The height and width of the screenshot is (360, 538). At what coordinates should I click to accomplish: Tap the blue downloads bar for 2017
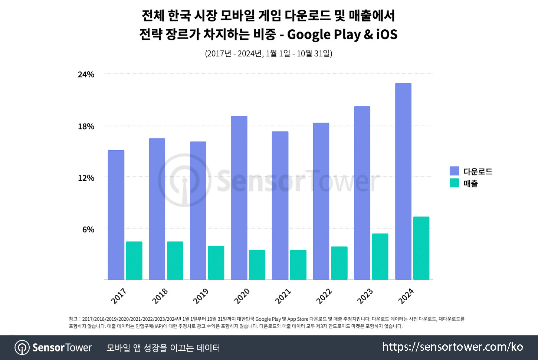pyautogui.click(x=116, y=215)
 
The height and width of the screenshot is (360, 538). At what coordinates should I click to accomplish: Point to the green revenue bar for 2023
pyautogui.click(x=380, y=256)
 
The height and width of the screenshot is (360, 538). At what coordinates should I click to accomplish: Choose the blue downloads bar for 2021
pyautogui.click(x=280, y=206)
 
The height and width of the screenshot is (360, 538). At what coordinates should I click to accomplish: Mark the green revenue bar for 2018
pyautogui.click(x=175, y=261)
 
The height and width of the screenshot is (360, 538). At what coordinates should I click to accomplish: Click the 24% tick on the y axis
pyautogui.click(x=86, y=75)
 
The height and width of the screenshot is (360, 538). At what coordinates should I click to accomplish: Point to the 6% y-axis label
pyautogui.click(x=88, y=230)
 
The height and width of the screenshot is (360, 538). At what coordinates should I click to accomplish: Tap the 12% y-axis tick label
pyautogui.click(x=86, y=178)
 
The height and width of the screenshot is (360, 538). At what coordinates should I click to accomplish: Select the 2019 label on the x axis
pyautogui.click(x=201, y=296)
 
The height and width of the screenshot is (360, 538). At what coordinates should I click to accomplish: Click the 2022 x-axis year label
pyautogui.click(x=324, y=296)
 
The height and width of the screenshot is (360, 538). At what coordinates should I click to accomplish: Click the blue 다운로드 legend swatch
pyautogui.click(x=454, y=171)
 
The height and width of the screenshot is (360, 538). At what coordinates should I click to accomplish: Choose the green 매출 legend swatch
pyautogui.click(x=454, y=183)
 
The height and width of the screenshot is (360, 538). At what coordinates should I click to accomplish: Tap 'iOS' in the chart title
pyautogui.click(x=387, y=35)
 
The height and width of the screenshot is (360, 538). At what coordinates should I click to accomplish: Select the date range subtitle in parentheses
pyautogui.click(x=269, y=53)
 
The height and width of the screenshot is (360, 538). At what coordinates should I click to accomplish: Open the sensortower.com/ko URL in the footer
pyautogui.click(x=453, y=347)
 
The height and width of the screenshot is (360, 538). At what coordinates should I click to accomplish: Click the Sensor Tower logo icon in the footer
pyautogui.click(x=22, y=348)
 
